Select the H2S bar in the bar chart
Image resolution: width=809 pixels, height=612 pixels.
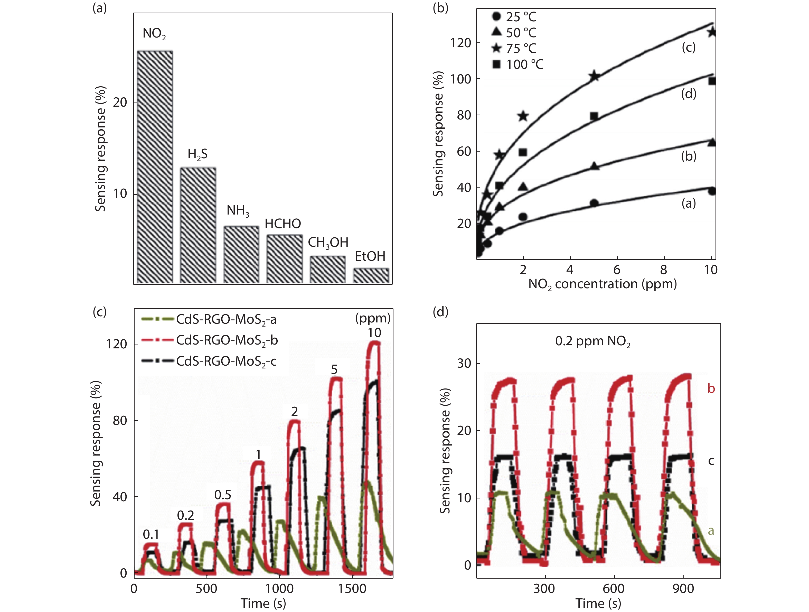coord(198,225)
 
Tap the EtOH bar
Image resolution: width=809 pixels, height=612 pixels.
coord(371,276)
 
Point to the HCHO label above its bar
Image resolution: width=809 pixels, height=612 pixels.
coord(283,224)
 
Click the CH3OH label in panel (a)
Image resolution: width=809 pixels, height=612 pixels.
coord(328,243)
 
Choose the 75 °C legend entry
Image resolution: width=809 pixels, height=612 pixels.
coord(514,48)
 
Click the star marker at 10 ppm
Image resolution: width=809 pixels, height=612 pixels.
coord(711,32)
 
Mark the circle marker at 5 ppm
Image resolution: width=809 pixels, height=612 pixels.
coord(594,203)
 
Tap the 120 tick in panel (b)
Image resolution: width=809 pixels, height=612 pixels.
coord(460,43)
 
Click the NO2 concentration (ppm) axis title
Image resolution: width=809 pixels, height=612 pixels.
coord(602,284)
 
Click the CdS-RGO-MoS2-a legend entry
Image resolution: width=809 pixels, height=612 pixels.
coord(209,319)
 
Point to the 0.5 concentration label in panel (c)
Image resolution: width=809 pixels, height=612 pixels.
coord(223,495)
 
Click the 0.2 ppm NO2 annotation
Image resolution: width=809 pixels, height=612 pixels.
coord(592,341)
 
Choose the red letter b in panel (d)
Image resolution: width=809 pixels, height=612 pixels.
coord(711,388)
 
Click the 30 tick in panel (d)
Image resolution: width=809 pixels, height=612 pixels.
coord(464,363)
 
